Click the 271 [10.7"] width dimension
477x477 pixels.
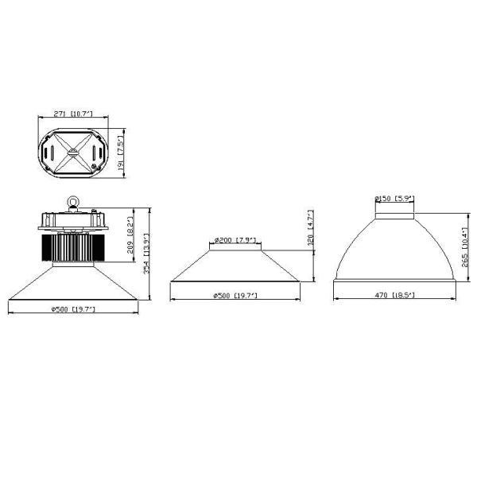pyautogui.click(x=72, y=114)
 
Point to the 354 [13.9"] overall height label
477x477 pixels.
pyautogui.click(x=145, y=258)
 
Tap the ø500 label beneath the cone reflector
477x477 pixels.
pyautogui.click(x=235, y=295)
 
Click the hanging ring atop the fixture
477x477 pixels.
pyautogui.click(x=73, y=204)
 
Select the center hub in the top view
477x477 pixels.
pyautogui.click(x=72, y=150)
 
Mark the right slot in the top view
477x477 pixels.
pyautogui.click(x=97, y=151)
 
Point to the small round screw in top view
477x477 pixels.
pyautogui.click(x=95, y=166)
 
